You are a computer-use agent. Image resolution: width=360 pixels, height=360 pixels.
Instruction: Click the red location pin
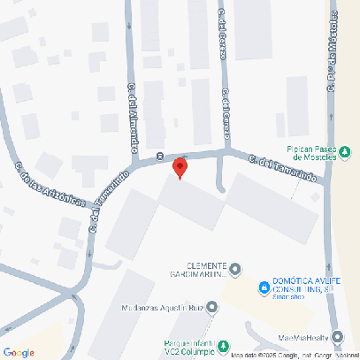[180, 167]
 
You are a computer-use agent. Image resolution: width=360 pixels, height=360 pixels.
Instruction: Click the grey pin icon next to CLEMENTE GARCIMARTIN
[236, 267]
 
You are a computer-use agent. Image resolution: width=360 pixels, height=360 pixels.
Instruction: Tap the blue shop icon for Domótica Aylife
[264, 287]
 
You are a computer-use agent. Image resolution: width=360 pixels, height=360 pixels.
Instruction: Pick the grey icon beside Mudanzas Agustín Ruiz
[212, 307]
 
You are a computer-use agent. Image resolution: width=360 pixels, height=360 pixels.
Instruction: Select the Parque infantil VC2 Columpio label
[188, 348]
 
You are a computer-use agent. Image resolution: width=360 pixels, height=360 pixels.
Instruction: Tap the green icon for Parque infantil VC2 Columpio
[224, 345]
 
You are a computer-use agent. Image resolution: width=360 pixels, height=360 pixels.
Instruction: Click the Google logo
[19, 352]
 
